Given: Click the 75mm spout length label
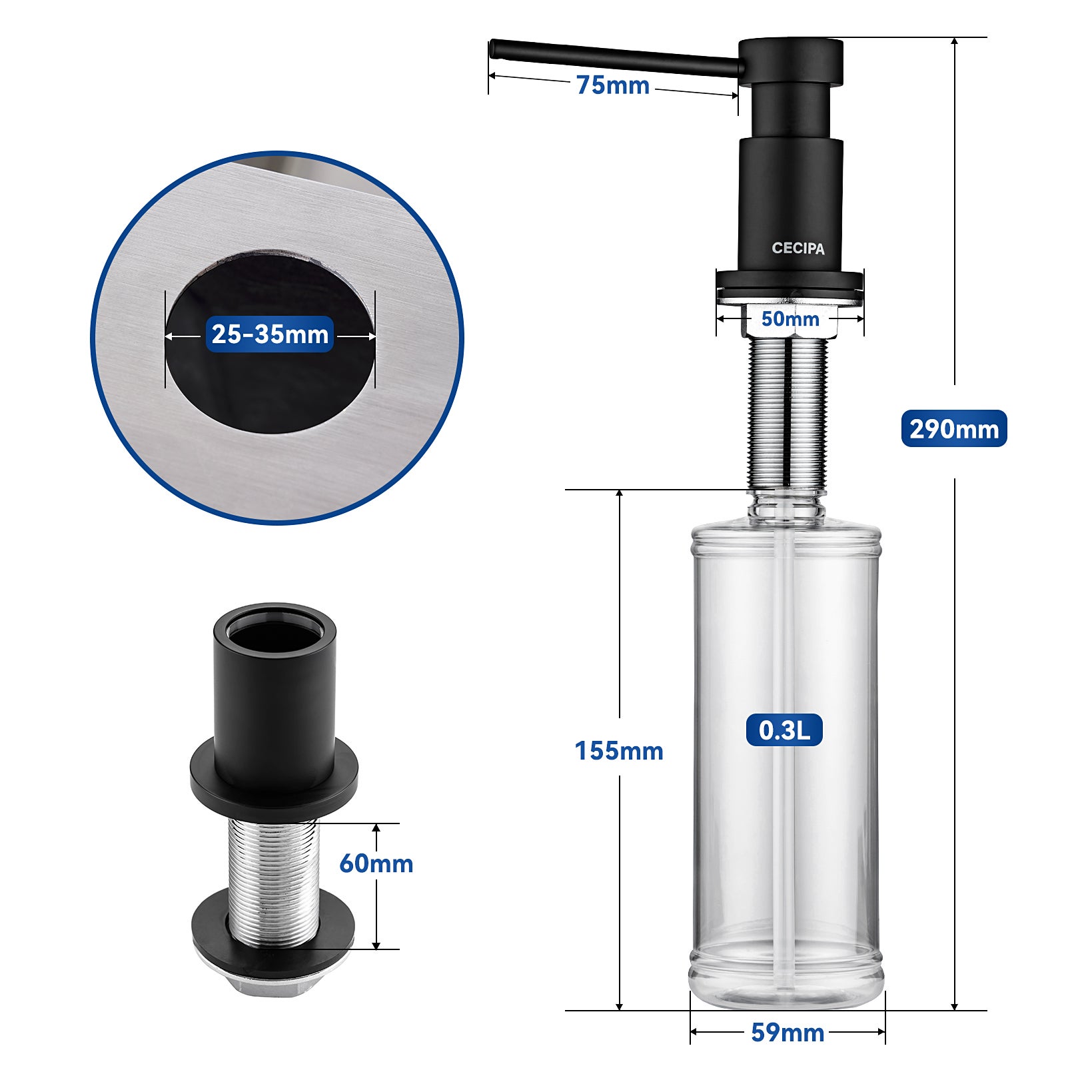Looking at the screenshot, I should pyautogui.click(x=612, y=85).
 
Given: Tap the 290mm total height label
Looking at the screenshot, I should pyautogui.click(x=953, y=428).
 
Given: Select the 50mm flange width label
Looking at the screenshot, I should pyautogui.click(x=790, y=318).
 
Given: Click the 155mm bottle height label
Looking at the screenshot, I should pyautogui.click(x=619, y=751).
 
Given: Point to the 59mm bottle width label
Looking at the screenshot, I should pyautogui.click(x=788, y=1033).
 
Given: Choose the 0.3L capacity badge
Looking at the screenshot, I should pyautogui.click(x=784, y=730).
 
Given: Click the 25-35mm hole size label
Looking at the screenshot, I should pyautogui.click(x=270, y=334).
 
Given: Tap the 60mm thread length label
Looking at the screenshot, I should pyautogui.click(x=376, y=863).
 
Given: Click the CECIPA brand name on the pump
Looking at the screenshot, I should pyautogui.click(x=798, y=249).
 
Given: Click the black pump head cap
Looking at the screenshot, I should pyautogui.click(x=791, y=60).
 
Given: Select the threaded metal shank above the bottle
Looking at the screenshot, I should pyautogui.click(x=788, y=413).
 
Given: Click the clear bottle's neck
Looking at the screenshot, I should pyautogui.click(x=786, y=509).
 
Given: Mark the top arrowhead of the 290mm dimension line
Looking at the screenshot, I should pyautogui.click(x=954, y=42).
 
